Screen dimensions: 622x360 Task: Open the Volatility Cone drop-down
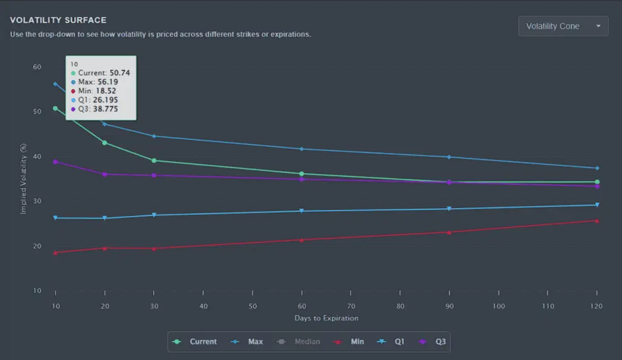(x=563, y=26)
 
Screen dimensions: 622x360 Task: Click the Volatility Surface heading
(x=58, y=20)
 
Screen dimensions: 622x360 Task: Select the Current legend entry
(x=194, y=341)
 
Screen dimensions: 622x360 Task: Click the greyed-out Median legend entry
(x=298, y=341)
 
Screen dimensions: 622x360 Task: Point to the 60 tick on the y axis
(x=37, y=67)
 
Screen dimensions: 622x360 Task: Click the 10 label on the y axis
(x=37, y=291)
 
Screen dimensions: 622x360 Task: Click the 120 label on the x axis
(x=596, y=306)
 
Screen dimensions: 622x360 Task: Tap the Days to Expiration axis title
(x=326, y=318)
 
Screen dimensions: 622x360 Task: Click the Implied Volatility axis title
(x=24, y=178)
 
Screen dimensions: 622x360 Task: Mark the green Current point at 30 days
(x=154, y=160)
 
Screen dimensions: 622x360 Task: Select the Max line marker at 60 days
(x=301, y=149)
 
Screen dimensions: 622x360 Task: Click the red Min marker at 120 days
(x=597, y=221)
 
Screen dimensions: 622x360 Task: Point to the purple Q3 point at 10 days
(x=55, y=161)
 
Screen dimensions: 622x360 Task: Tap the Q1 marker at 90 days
(x=449, y=209)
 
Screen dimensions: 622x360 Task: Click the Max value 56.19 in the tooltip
(x=108, y=82)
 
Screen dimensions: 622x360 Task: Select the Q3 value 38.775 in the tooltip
(x=106, y=109)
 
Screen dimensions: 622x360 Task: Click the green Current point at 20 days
(x=104, y=143)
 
